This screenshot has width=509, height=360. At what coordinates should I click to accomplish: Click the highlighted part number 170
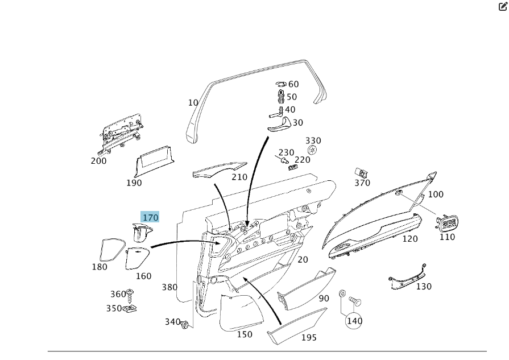tap(150, 217)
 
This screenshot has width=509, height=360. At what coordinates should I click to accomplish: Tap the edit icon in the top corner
tap(503, 7)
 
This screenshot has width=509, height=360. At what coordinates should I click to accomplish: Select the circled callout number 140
tap(354, 321)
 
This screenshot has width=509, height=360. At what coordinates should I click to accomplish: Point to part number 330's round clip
tap(312, 150)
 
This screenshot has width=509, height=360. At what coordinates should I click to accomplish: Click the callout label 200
tap(98, 161)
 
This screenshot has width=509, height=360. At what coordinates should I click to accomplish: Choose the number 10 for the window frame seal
tap(193, 103)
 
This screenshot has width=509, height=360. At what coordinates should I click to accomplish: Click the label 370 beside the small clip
tap(362, 183)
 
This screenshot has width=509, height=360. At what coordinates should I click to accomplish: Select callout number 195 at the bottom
tap(309, 338)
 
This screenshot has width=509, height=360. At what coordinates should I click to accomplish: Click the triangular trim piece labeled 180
tap(110, 249)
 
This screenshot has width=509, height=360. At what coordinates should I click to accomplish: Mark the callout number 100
tap(436, 195)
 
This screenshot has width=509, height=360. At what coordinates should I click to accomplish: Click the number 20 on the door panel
tap(303, 259)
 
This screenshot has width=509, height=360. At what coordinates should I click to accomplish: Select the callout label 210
tap(239, 177)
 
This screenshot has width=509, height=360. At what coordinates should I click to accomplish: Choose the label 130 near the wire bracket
tap(424, 287)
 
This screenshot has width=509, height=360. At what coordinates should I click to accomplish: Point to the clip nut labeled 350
tap(132, 309)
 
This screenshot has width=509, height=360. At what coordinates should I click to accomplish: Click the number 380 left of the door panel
tap(169, 287)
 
